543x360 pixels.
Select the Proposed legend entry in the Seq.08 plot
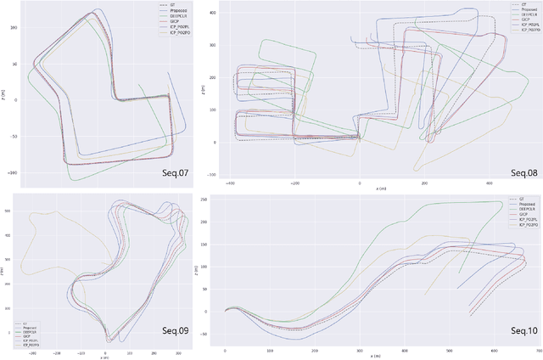521,10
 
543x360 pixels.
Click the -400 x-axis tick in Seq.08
230,182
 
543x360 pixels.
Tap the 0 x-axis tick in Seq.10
225,351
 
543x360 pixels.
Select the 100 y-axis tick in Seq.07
12,27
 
